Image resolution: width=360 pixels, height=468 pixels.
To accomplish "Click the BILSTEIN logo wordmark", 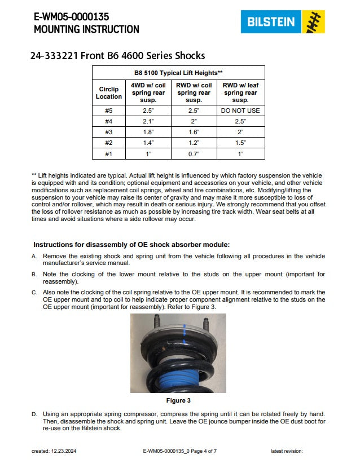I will [x=271, y=22].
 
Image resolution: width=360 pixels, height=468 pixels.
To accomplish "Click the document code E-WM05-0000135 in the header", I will [x=71, y=17].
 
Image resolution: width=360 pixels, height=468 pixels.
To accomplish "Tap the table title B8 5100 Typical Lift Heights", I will [x=178, y=73].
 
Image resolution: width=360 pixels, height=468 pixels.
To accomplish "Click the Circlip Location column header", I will [x=108, y=92].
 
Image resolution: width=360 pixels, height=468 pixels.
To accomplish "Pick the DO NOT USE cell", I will [x=241, y=111].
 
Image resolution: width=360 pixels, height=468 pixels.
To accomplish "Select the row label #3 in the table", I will [x=108, y=132].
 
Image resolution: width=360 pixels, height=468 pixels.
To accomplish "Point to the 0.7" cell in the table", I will [x=194, y=153].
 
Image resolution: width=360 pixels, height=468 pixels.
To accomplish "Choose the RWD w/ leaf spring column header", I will [x=241, y=92].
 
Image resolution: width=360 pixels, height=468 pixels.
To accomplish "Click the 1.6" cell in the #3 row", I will [x=194, y=132].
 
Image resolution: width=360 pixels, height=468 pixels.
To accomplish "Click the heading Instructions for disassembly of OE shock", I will [x=131, y=245].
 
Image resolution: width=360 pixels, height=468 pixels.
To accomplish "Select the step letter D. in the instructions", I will [x=34, y=414].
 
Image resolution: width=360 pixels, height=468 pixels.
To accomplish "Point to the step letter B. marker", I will [x=34, y=275].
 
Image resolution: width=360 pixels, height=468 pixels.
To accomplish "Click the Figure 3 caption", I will [x=178, y=400].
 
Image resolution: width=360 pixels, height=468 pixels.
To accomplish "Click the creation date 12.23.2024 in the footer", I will [x=60, y=451].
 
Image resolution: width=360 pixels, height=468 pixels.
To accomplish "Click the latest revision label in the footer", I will [x=287, y=451].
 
